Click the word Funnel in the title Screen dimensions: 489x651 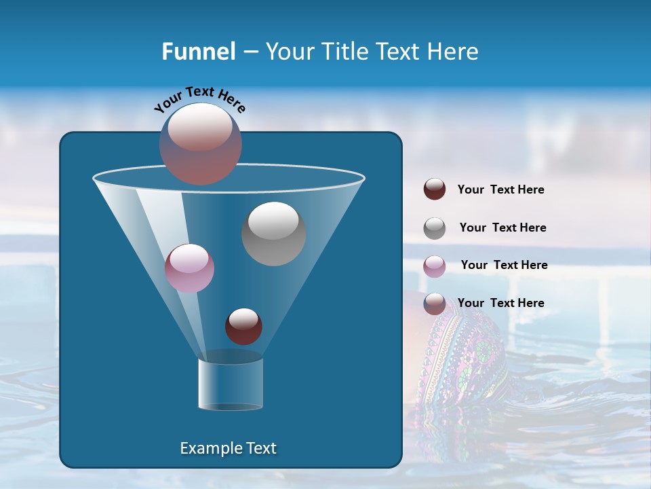tap(199, 52)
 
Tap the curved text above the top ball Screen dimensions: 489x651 tap(199, 98)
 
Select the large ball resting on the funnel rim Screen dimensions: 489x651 tap(201, 143)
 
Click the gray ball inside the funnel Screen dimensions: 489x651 tap(273, 234)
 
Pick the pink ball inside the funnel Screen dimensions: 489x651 tap(189, 268)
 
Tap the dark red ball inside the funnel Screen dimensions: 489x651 tap(243, 326)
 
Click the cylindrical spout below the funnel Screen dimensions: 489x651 tap(231, 384)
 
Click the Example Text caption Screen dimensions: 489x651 tap(228, 448)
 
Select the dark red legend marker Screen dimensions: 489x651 tap(435, 189)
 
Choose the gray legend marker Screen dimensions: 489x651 tap(435, 228)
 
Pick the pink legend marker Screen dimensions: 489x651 tap(435, 266)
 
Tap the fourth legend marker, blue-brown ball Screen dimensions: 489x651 tap(435, 304)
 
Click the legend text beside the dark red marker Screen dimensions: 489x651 tap(500, 190)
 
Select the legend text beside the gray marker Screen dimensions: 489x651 tap(502, 228)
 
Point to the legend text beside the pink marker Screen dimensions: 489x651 tap(504, 266)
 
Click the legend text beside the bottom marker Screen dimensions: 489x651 tap(500, 303)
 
